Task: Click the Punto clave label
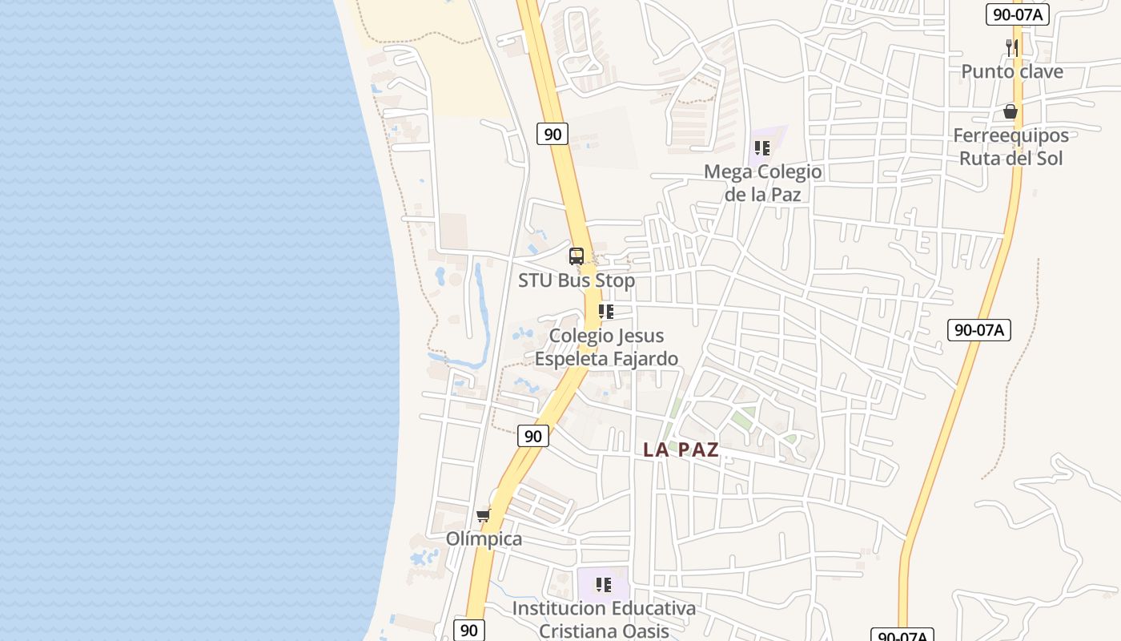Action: point(1012,71)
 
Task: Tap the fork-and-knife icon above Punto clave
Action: point(1012,47)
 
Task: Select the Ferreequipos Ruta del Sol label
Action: point(1011,147)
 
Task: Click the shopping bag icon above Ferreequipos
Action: point(1011,111)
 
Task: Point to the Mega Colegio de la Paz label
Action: point(762,183)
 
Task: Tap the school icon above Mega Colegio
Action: point(762,148)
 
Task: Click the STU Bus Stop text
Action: point(577,280)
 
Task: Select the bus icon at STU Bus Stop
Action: point(577,256)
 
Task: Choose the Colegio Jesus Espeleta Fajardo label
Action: point(606,347)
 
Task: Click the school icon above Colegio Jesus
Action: point(606,312)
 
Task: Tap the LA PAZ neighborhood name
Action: point(681,450)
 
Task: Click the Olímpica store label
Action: point(484,538)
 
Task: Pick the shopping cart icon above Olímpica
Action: point(483,515)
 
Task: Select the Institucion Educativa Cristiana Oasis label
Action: point(604,619)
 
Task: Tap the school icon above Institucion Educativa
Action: point(604,585)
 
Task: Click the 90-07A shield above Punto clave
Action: point(1017,14)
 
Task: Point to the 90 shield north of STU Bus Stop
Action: point(552,133)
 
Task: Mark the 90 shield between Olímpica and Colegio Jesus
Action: point(533,436)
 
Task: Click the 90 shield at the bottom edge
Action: point(469,630)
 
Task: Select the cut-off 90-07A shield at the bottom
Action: point(902,635)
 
